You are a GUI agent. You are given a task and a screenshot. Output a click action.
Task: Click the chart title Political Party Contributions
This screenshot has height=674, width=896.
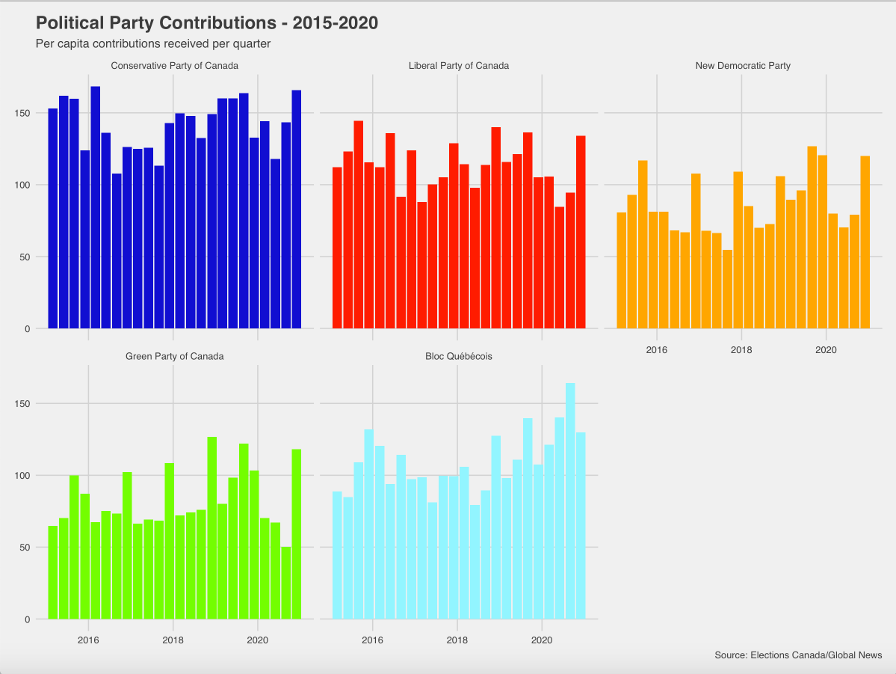207,23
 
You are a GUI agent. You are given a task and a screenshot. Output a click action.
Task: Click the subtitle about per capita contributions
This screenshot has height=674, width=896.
153,44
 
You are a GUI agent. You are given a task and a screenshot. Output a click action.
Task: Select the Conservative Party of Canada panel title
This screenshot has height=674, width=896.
175,66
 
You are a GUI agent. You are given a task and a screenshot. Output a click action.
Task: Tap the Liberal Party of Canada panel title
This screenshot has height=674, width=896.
459,66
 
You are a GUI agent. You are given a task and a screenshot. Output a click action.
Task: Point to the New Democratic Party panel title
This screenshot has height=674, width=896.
743,66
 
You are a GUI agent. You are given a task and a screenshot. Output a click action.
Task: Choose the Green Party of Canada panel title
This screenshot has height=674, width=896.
175,356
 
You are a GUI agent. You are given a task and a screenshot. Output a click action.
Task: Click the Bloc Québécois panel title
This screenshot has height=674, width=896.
459,356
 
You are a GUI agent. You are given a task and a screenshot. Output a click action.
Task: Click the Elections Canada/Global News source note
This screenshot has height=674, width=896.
798,655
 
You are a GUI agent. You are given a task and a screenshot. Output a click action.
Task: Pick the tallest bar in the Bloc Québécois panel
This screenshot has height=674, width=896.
570,501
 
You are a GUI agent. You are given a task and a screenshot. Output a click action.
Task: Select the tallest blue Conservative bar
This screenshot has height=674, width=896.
96,207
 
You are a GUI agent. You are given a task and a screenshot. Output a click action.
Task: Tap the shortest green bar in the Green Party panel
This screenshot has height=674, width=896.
286,583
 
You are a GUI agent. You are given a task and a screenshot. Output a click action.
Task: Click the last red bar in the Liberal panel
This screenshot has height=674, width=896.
581,232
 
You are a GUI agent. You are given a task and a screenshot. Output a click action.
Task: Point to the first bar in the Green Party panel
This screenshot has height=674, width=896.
53,572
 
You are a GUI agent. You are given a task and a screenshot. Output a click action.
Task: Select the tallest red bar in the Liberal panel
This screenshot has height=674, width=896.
359,224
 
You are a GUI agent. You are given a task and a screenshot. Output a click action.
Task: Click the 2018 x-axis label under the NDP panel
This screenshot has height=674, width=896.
741,350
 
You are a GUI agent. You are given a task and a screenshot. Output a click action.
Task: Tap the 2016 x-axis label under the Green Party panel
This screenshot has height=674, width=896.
88,640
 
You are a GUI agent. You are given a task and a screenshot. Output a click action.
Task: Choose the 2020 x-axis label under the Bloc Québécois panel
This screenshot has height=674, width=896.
542,640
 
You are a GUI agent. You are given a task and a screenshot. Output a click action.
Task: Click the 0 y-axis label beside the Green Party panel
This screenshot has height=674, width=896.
28,619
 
